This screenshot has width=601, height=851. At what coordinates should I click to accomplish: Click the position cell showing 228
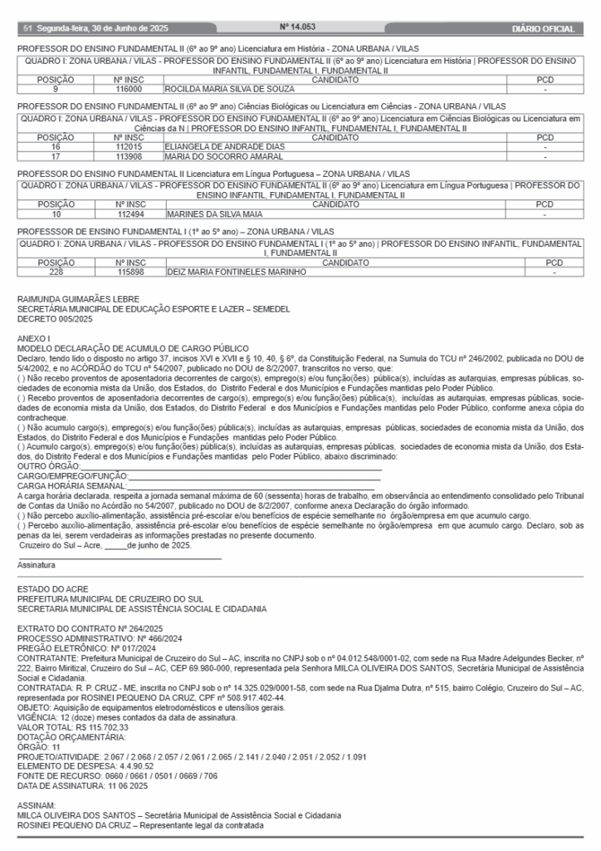tap(56, 272)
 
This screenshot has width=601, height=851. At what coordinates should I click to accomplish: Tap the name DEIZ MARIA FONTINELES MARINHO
tap(237, 272)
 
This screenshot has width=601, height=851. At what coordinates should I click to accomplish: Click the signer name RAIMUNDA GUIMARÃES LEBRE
tap(78, 299)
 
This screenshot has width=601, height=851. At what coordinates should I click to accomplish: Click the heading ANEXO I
tap(34, 338)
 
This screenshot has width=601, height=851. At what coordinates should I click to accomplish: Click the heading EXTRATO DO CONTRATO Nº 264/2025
tap(90, 627)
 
